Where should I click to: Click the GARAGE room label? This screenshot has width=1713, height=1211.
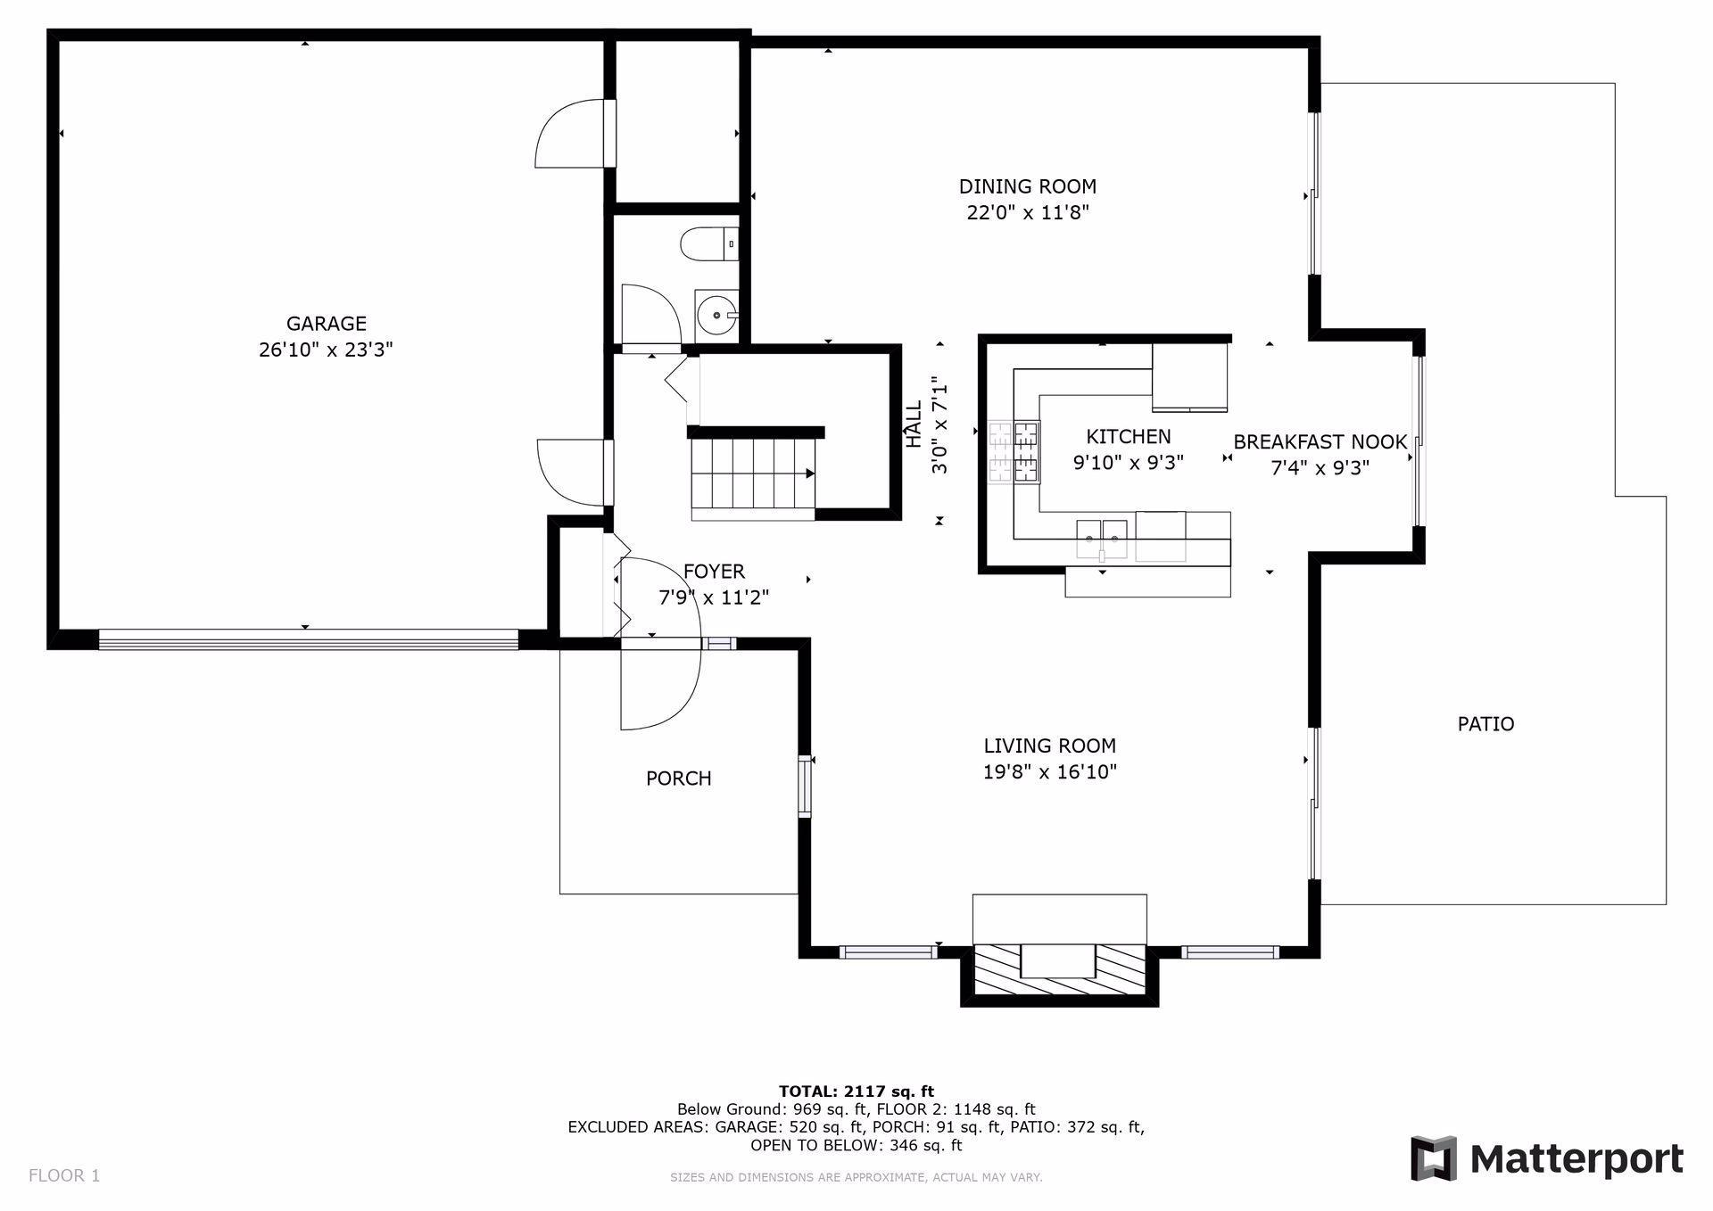click(326, 324)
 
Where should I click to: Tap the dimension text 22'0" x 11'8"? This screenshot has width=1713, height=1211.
click(1028, 213)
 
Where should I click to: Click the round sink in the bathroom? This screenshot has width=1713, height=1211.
click(716, 314)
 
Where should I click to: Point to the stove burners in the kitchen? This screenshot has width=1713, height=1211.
click(1014, 452)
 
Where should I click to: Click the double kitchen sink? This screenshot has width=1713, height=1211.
click(1101, 537)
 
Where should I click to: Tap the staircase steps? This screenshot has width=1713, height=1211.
click(753, 474)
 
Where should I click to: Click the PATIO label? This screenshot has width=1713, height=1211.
click(1485, 724)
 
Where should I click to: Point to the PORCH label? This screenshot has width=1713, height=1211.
click(678, 778)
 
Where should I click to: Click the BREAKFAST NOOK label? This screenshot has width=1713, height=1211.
click(1320, 441)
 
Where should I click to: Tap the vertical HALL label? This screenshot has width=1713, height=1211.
click(914, 424)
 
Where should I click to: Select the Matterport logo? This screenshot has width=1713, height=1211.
click(1546, 1158)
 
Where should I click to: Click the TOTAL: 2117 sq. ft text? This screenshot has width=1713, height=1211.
click(856, 1091)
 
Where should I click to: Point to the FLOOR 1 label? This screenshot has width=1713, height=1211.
click(64, 1175)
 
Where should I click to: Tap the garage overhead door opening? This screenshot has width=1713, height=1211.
click(308, 639)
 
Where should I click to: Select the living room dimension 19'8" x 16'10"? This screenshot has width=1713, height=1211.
click(1049, 772)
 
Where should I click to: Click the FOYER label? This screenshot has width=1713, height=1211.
click(714, 572)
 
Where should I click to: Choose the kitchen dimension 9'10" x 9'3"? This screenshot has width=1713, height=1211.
click(1128, 463)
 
